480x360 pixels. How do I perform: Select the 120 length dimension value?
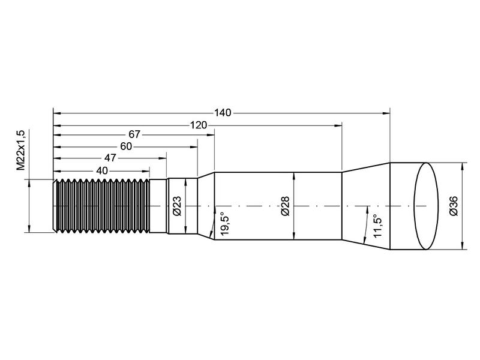(x=199, y=125)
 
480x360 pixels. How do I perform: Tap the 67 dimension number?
(x=134, y=136)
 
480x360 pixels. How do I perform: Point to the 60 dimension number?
(x=126, y=147)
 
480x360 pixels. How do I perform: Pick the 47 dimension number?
(x=110, y=158)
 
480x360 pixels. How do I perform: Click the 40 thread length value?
(x=101, y=170)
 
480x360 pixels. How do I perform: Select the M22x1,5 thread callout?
(x=20, y=151)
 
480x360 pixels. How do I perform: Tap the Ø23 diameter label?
(x=177, y=205)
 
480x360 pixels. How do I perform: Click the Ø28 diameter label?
(x=285, y=205)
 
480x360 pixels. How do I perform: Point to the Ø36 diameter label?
(x=454, y=206)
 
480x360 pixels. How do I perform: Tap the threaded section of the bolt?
(x=102, y=205)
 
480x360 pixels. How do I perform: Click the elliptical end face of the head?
(x=426, y=206)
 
